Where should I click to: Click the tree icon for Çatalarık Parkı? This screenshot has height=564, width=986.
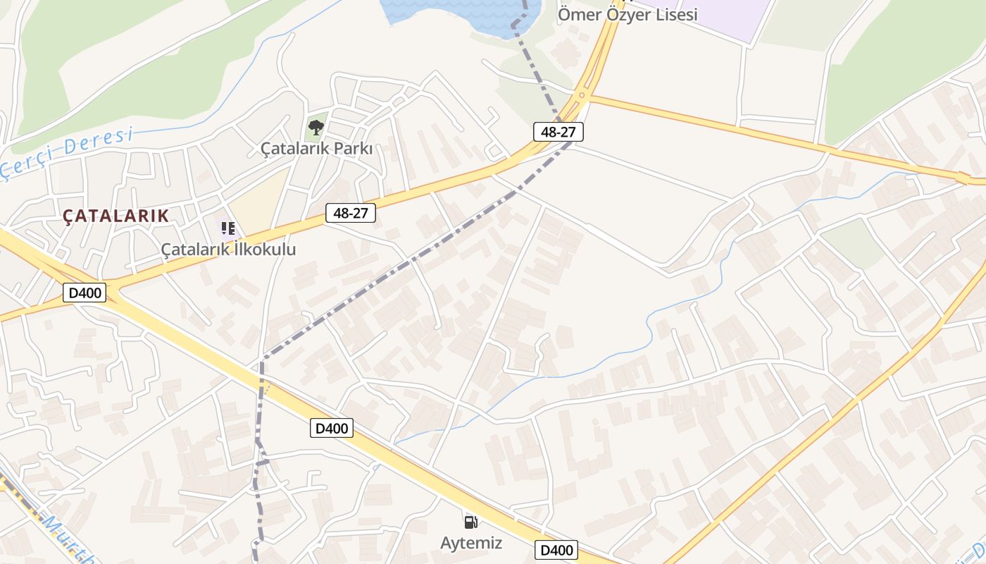[316, 128]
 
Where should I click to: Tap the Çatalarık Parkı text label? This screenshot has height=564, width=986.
[316, 149]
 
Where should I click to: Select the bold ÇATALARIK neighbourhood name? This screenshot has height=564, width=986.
[116, 216]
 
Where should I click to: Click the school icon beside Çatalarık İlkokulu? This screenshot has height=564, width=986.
[228, 228]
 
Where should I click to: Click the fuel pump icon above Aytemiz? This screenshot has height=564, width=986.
[470, 522]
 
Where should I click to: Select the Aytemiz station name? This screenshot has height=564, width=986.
[471, 543]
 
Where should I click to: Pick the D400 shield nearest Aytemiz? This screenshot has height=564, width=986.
[556, 550]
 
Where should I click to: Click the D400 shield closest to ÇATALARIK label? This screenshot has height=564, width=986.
[85, 293]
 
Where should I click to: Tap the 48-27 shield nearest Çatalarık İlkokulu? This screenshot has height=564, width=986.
[351, 212]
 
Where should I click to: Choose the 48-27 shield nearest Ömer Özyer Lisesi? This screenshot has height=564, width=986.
[558, 131]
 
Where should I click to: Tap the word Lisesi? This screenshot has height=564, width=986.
[673, 14]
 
